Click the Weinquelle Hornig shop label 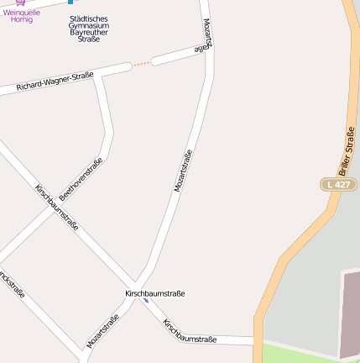click(22, 15)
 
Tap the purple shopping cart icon click(20, 3)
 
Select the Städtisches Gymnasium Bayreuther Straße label click(88, 29)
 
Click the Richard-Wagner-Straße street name click(55, 82)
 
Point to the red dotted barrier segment click(142, 63)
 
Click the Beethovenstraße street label click(81, 179)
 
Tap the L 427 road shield click(338, 184)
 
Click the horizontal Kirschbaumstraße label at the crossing click(154, 293)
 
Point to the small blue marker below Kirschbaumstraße click(146, 300)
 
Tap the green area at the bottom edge click(310, 355)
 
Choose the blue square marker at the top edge click(70, 2)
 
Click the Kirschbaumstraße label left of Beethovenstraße click(57, 208)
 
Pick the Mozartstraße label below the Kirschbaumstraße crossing click(102, 331)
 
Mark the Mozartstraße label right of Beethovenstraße click(183, 171)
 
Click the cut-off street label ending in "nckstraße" click(12, 284)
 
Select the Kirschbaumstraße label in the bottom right click(190, 331)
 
